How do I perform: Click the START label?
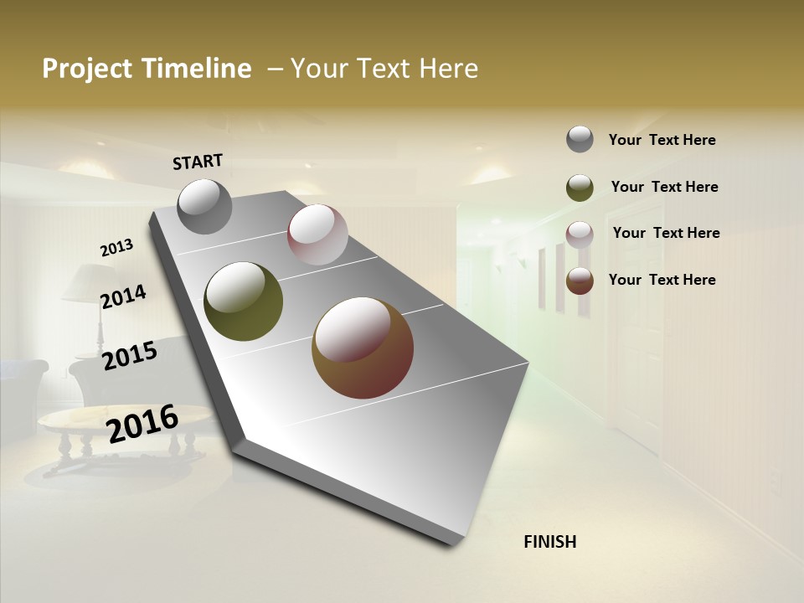pyautogui.click(x=198, y=162)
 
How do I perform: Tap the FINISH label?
pyautogui.click(x=550, y=542)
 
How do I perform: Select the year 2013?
pyautogui.click(x=116, y=248)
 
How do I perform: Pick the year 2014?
pyautogui.click(x=123, y=297)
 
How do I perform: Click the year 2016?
pyautogui.click(x=142, y=424)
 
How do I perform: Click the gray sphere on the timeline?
pyautogui.click(x=204, y=206)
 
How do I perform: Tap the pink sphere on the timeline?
pyautogui.click(x=317, y=234)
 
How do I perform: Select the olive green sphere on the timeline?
pyautogui.click(x=244, y=301)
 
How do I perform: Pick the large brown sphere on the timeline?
pyautogui.click(x=363, y=348)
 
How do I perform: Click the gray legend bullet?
pyautogui.click(x=580, y=139)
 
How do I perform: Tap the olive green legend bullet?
pyautogui.click(x=580, y=188)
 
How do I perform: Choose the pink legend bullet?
pyautogui.click(x=580, y=234)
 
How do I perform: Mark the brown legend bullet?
pyautogui.click(x=580, y=281)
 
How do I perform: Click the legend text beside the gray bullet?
pyautogui.click(x=662, y=140)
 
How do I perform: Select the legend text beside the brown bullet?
pyautogui.click(x=662, y=280)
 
